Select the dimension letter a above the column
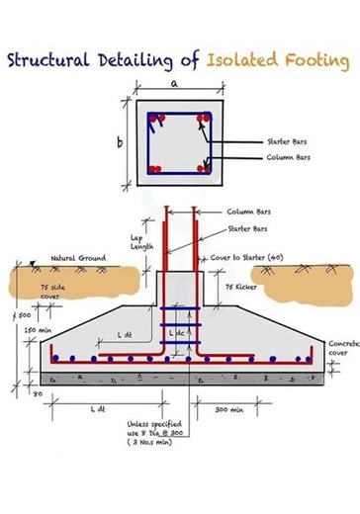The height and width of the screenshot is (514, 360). [175, 86]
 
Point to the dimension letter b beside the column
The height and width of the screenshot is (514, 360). [120, 143]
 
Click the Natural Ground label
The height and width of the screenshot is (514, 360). [78, 258]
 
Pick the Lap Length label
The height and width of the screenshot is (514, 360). [141, 242]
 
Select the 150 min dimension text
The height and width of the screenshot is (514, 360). [37, 331]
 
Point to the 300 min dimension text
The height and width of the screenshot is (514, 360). [229, 408]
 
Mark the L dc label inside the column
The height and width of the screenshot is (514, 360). [177, 335]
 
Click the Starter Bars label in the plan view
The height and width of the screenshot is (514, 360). [287, 141]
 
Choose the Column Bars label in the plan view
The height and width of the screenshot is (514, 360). [289, 157]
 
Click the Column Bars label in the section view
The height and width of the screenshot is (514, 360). [247, 212]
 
